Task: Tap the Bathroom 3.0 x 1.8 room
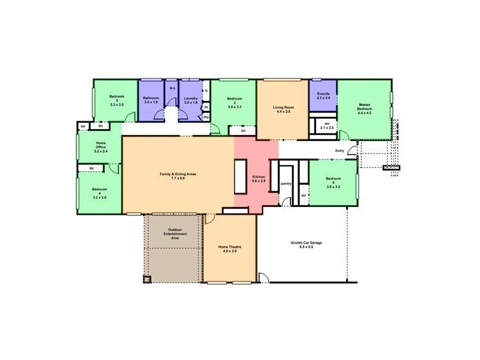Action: [151, 100]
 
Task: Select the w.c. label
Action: [172, 88]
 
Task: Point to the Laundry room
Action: [191, 100]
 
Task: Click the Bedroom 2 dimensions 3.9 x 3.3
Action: [235, 107]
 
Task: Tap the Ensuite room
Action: [323, 98]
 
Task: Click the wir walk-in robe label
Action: [327, 125]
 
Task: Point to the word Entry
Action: [340, 151]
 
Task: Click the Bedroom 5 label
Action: [333, 182]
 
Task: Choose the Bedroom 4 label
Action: [100, 192]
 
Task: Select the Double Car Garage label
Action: [306, 244]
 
